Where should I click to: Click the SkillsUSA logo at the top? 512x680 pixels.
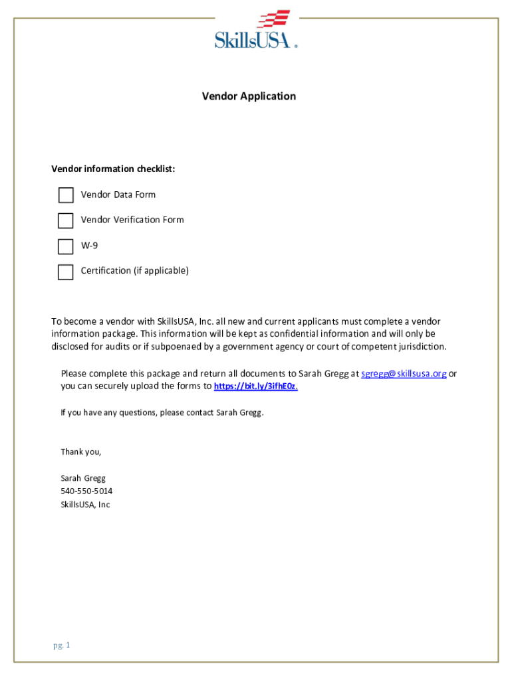(255, 30)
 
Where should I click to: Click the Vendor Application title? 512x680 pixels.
(249, 96)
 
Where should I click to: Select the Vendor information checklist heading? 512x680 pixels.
(114, 169)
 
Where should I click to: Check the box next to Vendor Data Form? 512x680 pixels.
(66, 195)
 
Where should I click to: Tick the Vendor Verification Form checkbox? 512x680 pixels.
(66, 220)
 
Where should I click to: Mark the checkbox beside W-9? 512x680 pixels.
(66, 246)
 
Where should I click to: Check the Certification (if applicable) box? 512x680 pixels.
(66, 272)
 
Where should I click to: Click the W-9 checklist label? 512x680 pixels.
(89, 245)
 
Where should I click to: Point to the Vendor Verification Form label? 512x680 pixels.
(132, 220)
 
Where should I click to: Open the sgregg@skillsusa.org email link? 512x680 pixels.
(404, 373)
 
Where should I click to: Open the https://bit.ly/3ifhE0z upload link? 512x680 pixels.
(256, 386)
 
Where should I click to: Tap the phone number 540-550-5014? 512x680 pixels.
(86, 491)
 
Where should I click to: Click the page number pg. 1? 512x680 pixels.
(62, 645)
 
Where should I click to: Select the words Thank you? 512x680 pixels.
(81, 452)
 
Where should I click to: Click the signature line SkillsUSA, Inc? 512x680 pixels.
(85, 505)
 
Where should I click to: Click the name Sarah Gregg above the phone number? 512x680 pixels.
(83, 478)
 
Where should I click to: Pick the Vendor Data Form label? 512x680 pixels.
(118, 195)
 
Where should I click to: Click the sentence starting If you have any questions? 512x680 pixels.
(162, 412)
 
